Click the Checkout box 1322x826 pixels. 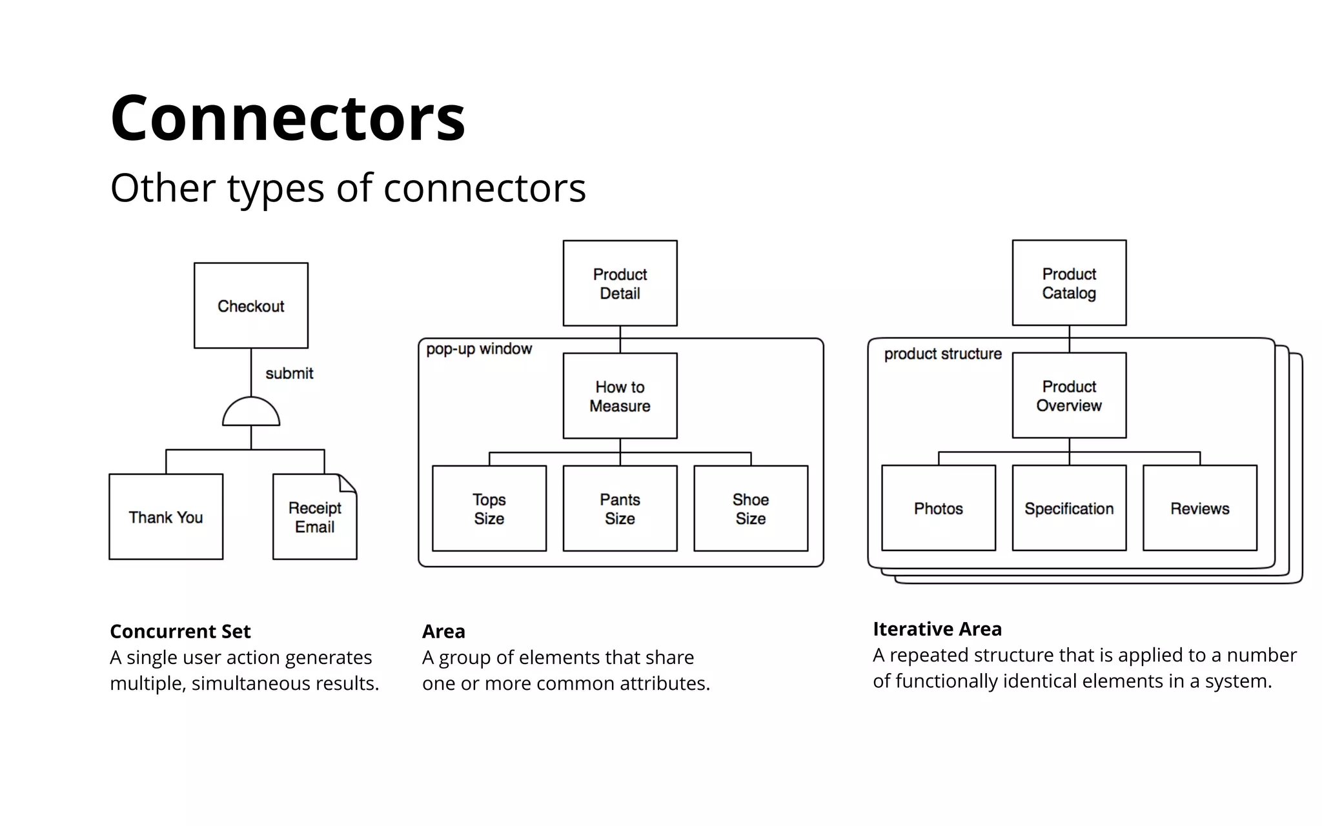[250, 305]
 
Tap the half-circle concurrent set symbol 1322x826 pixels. [250, 413]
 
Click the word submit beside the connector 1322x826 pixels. [289, 374]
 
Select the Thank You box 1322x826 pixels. [166, 517]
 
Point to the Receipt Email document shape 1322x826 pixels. [314, 518]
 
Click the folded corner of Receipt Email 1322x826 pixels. [348, 483]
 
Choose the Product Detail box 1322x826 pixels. [620, 283]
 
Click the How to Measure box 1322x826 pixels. [620, 396]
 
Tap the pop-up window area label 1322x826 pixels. [479, 349]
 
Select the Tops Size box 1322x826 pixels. [489, 509]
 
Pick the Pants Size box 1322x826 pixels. [620, 509]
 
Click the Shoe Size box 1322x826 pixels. [751, 509]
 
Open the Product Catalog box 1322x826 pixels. [1069, 283]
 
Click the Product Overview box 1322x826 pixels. [1069, 396]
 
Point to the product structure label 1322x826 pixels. [942, 354]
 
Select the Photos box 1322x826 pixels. [938, 509]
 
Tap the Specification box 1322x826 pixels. [1069, 509]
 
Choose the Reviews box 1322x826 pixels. [1199, 509]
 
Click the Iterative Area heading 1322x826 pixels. [937, 629]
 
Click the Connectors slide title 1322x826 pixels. [288, 118]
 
